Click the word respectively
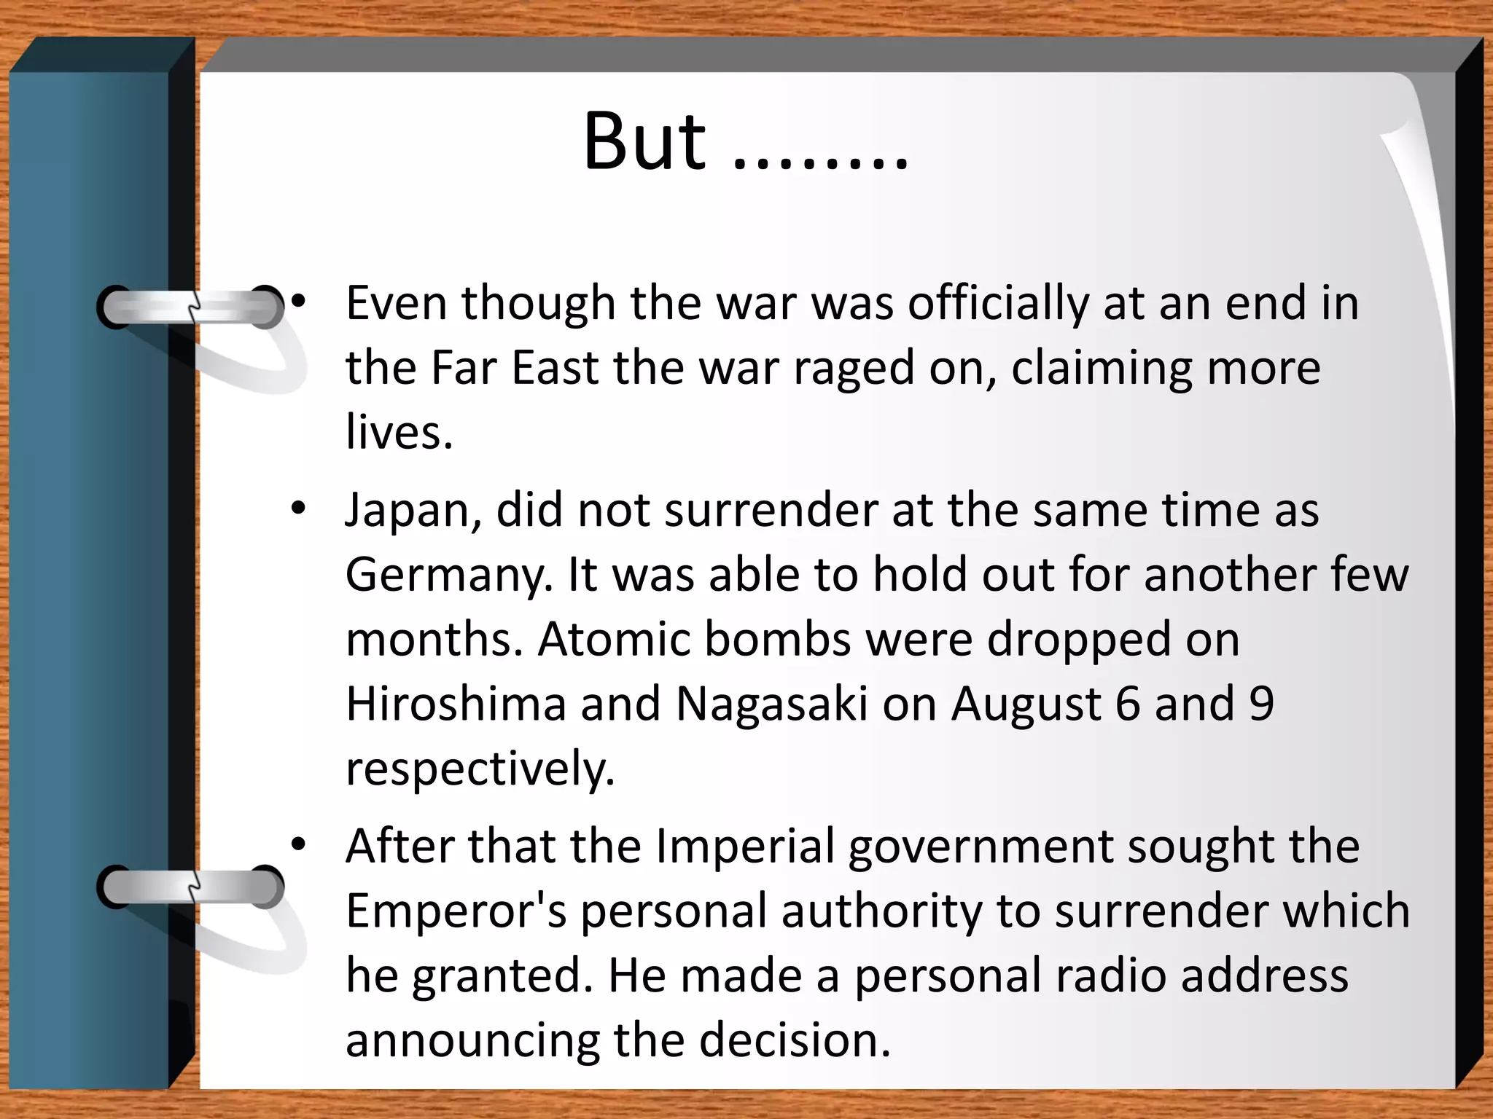[480, 769]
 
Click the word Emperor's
[456, 911]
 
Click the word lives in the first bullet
[399, 432]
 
